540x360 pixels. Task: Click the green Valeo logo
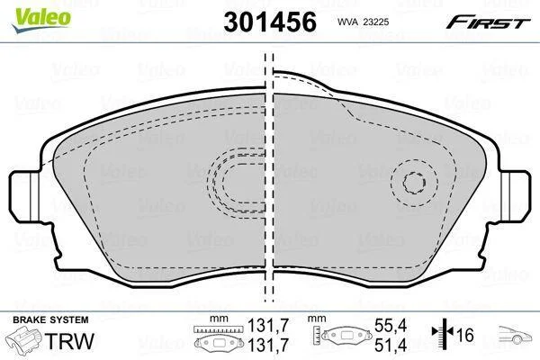click(x=41, y=19)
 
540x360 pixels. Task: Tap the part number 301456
click(x=270, y=22)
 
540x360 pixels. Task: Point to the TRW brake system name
click(x=69, y=341)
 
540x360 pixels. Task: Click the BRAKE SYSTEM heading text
click(x=50, y=319)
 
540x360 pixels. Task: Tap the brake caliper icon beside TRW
click(x=24, y=339)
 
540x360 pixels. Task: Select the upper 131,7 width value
click(x=268, y=325)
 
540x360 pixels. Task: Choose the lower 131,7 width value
click(x=268, y=345)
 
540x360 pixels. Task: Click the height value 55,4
click(x=391, y=325)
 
